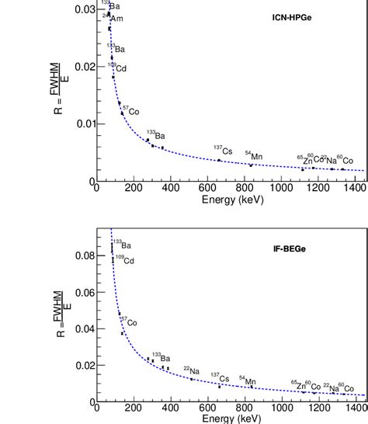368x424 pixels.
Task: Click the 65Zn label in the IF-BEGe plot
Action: (299, 385)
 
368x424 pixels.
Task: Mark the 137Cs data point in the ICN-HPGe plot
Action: (219, 160)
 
